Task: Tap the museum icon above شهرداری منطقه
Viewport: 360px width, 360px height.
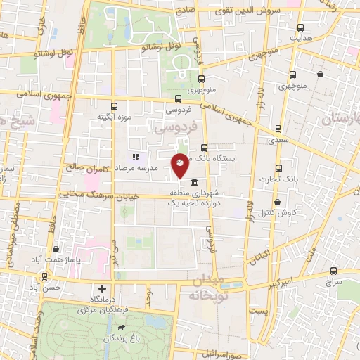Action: [194, 183]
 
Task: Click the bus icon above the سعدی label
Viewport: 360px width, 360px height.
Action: [278, 129]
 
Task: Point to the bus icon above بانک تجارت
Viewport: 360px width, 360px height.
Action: [278, 169]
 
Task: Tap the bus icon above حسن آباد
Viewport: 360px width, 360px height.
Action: [45, 277]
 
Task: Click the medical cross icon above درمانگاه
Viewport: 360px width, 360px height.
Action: [103, 288]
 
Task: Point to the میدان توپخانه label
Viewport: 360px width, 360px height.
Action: [206, 288]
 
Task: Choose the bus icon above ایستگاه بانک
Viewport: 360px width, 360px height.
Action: [204, 148]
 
